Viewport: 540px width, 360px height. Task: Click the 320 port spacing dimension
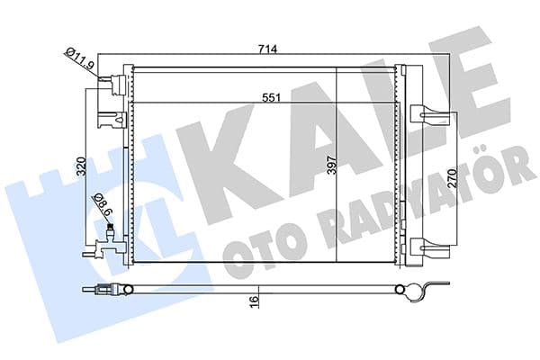(80, 166)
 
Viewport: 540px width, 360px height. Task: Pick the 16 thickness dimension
(255, 301)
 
